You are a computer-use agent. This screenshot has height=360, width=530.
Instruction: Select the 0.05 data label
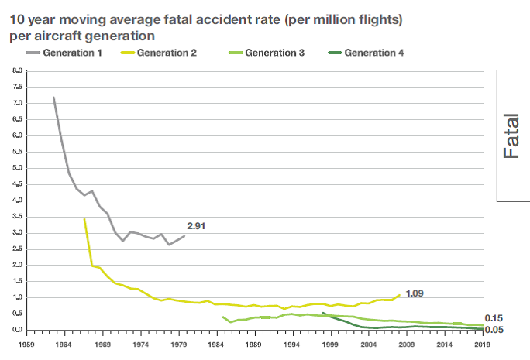click(x=494, y=330)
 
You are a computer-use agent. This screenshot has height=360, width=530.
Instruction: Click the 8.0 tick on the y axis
click(x=17, y=70)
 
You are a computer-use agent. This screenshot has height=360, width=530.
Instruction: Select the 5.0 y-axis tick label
click(x=17, y=168)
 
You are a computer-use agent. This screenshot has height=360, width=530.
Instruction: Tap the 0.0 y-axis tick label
click(x=17, y=330)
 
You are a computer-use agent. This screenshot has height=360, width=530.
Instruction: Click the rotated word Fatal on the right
click(x=511, y=136)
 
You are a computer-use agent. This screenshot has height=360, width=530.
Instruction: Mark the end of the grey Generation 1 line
click(x=185, y=235)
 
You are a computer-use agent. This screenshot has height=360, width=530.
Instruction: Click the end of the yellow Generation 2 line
click(x=401, y=294)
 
